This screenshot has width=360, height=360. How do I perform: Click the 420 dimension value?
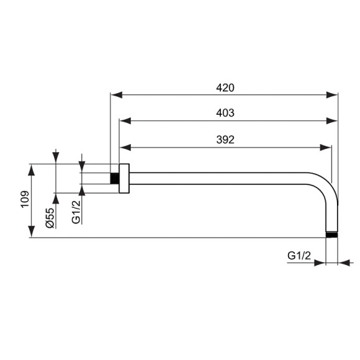(x=225, y=88)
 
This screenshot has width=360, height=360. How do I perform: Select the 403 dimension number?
(x=225, y=113)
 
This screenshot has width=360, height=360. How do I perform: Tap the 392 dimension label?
(x=225, y=140)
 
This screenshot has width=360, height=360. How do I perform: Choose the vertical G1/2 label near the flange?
(x=75, y=212)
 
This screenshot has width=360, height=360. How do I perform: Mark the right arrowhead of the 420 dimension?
(x=333, y=95)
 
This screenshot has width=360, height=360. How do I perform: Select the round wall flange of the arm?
(x=124, y=178)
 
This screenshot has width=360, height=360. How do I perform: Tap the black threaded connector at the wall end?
(x=114, y=178)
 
